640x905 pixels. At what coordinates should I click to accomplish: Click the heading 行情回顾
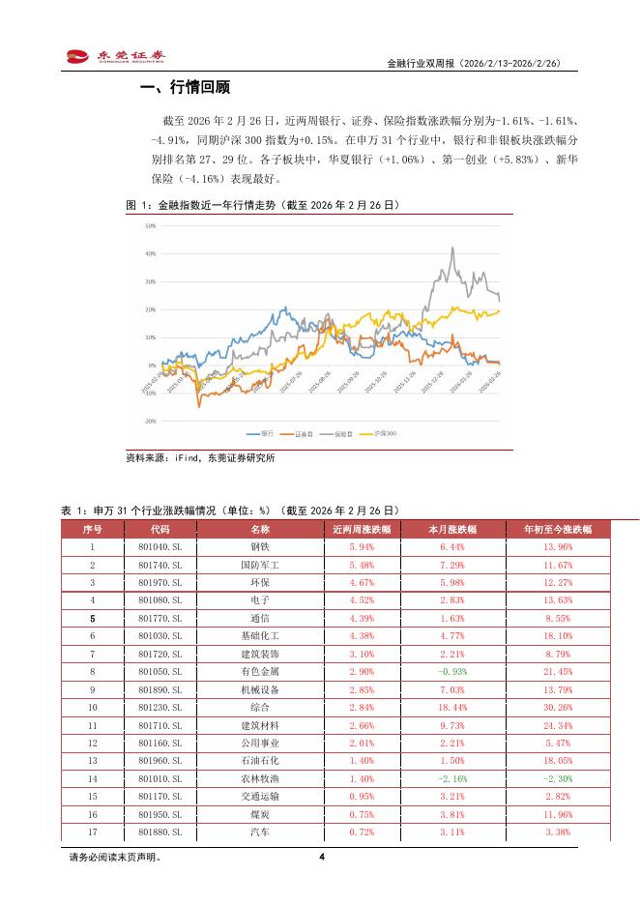coord(185,89)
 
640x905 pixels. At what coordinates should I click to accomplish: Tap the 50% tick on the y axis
coord(150,226)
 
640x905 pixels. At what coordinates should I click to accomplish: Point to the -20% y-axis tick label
coord(149,422)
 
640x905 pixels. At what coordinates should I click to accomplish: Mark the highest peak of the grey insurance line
coord(452,248)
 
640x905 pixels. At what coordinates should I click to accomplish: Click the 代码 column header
coord(160,530)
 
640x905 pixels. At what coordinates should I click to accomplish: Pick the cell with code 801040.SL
coord(160,547)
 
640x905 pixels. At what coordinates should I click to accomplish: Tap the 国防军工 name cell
coord(260,565)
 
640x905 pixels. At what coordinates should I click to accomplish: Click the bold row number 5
coord(93,618)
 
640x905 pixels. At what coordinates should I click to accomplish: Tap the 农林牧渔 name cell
coord(260,777)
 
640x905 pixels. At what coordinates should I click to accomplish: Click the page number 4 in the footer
coord(321,857)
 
